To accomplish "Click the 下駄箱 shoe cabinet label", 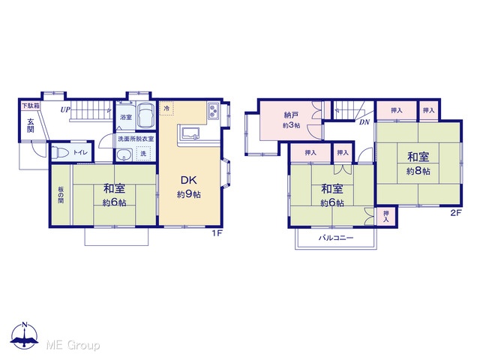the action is tap(31, 106).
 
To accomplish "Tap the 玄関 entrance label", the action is tap(31, 125).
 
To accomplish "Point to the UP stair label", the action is tap(65, 109).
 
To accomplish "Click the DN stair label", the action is tap(364, 122).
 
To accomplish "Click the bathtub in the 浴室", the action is tap(146, 116).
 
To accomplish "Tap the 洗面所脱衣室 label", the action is tap(136, 139).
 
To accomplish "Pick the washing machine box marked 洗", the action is tap(143, 154).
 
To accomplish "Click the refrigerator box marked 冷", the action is tap(166, 108).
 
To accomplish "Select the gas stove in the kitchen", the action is tap(213, 111).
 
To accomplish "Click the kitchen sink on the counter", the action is tap(190, 133).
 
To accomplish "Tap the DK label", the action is tap(189, 180).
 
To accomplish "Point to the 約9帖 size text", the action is tap(189, 194).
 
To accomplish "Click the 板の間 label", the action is tap(61, 195).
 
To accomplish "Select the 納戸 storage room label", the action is tap(291, 115).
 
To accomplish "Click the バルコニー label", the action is tap(336, 238).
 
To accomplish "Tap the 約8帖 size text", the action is tap(418, 171).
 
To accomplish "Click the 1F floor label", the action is tap(217, 233).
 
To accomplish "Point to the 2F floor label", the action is tap(456, 213).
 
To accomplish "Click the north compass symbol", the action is tap(25, 335).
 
